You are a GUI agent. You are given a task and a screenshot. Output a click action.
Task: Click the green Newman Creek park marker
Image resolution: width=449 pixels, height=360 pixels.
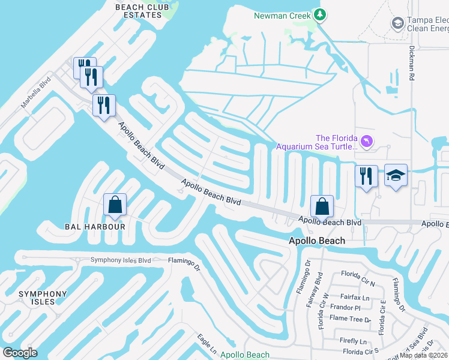[x=320, y=15]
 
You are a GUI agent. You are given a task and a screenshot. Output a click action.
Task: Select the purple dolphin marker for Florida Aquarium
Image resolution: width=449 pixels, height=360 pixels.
[x=367, y=141]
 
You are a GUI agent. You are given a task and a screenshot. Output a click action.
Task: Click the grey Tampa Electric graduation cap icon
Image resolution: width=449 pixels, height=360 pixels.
[x=397, y=23]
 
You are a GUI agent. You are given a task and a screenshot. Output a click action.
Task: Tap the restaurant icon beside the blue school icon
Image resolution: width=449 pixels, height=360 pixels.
[x=366, y=176]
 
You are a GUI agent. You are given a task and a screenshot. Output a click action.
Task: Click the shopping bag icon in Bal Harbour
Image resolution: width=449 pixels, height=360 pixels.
[x=115, y=205]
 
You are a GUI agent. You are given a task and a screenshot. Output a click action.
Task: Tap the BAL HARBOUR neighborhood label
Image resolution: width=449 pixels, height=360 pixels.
[x=95, y=227]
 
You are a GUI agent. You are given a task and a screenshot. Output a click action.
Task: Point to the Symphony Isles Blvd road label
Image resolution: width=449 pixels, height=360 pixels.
[x=120, y=260]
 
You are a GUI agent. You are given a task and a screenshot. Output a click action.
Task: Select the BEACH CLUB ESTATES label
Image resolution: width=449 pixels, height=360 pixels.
[x=140, y=11]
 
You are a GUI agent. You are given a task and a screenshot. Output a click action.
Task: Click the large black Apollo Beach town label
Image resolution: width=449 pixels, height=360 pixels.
[x=317, y=241]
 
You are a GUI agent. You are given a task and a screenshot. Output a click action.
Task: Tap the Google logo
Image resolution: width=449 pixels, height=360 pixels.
[x=20, y=353]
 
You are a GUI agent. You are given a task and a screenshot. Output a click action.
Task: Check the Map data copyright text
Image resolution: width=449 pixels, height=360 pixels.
[x=424, y=355]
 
